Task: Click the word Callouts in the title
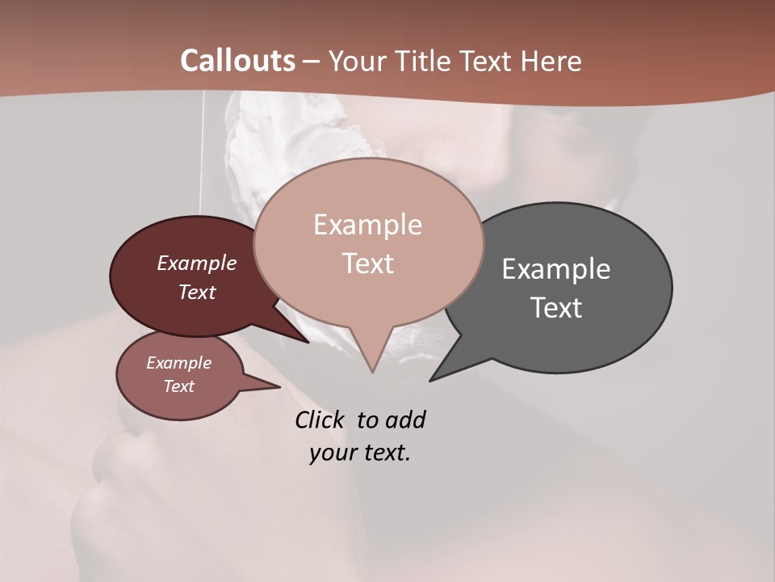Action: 237,61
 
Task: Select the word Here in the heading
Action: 550,61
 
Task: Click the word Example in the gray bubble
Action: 556,269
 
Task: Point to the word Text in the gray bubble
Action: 556,308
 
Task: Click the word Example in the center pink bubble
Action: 367,225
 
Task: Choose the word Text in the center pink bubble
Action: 367,264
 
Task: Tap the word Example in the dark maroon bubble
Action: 197,264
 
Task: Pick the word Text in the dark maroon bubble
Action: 197,292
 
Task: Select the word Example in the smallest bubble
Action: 179,363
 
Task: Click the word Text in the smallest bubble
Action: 179,386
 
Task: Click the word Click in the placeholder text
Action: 320,420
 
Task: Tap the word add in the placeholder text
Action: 405,420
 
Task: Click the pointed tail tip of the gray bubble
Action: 430,380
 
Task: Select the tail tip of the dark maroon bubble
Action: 308,342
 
